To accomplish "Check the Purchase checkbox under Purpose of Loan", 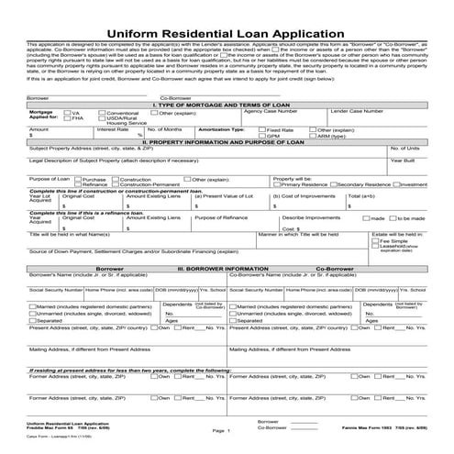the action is [78, 205].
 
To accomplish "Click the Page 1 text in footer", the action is [220, 430].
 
